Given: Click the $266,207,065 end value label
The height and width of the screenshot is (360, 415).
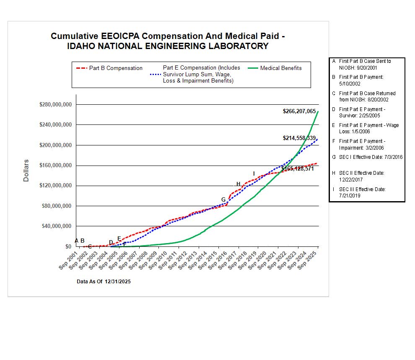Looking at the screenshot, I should (299, 111).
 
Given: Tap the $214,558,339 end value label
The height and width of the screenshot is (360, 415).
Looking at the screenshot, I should (299, 138).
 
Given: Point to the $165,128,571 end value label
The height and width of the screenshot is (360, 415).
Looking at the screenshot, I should (297, 169).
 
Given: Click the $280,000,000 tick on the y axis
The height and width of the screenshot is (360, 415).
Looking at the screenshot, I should (56, 104).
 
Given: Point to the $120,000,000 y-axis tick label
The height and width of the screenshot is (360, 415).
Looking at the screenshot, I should (56, 186).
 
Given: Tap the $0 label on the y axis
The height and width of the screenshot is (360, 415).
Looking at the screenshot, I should (68, 246).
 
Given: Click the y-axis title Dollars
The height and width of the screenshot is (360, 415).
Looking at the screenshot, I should (26, 170).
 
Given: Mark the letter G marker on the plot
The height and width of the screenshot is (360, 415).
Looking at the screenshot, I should (223, 199).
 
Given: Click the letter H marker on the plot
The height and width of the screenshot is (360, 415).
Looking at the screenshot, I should (239, 184).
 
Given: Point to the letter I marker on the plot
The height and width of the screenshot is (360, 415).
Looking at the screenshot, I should (254, 174).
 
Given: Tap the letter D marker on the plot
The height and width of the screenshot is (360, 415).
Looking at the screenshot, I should (111, 242).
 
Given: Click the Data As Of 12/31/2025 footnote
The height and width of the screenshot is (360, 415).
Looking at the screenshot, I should (104, 282).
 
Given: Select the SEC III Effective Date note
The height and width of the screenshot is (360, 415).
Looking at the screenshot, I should (362, 192).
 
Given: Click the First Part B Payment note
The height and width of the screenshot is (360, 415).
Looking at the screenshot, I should (361, 80).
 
